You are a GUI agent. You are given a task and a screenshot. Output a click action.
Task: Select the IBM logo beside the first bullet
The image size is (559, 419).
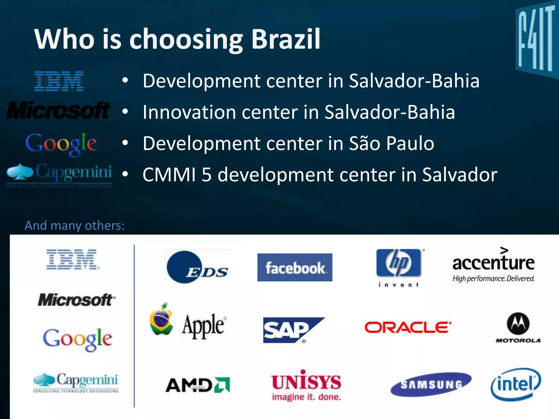(x=59, y=81)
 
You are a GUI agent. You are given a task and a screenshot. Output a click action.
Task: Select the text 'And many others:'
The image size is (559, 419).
(x=75, y=226)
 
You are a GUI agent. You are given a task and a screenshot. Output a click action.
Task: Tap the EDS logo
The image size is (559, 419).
(x=197, y=267)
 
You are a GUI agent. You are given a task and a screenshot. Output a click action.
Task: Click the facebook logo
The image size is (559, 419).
(x=295, y=267)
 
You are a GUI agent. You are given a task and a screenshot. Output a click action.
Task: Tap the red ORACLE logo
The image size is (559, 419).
(x=408, y=327)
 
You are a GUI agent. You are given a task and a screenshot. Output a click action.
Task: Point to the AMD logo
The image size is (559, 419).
(x=198, y=385)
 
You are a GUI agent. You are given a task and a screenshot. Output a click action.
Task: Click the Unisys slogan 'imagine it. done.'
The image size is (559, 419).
(x=307, y=397)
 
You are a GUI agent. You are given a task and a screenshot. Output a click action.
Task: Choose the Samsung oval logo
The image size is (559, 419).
(x=431, y=384)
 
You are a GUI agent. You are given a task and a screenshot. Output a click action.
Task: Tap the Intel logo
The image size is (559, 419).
(x=516, y=384)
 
